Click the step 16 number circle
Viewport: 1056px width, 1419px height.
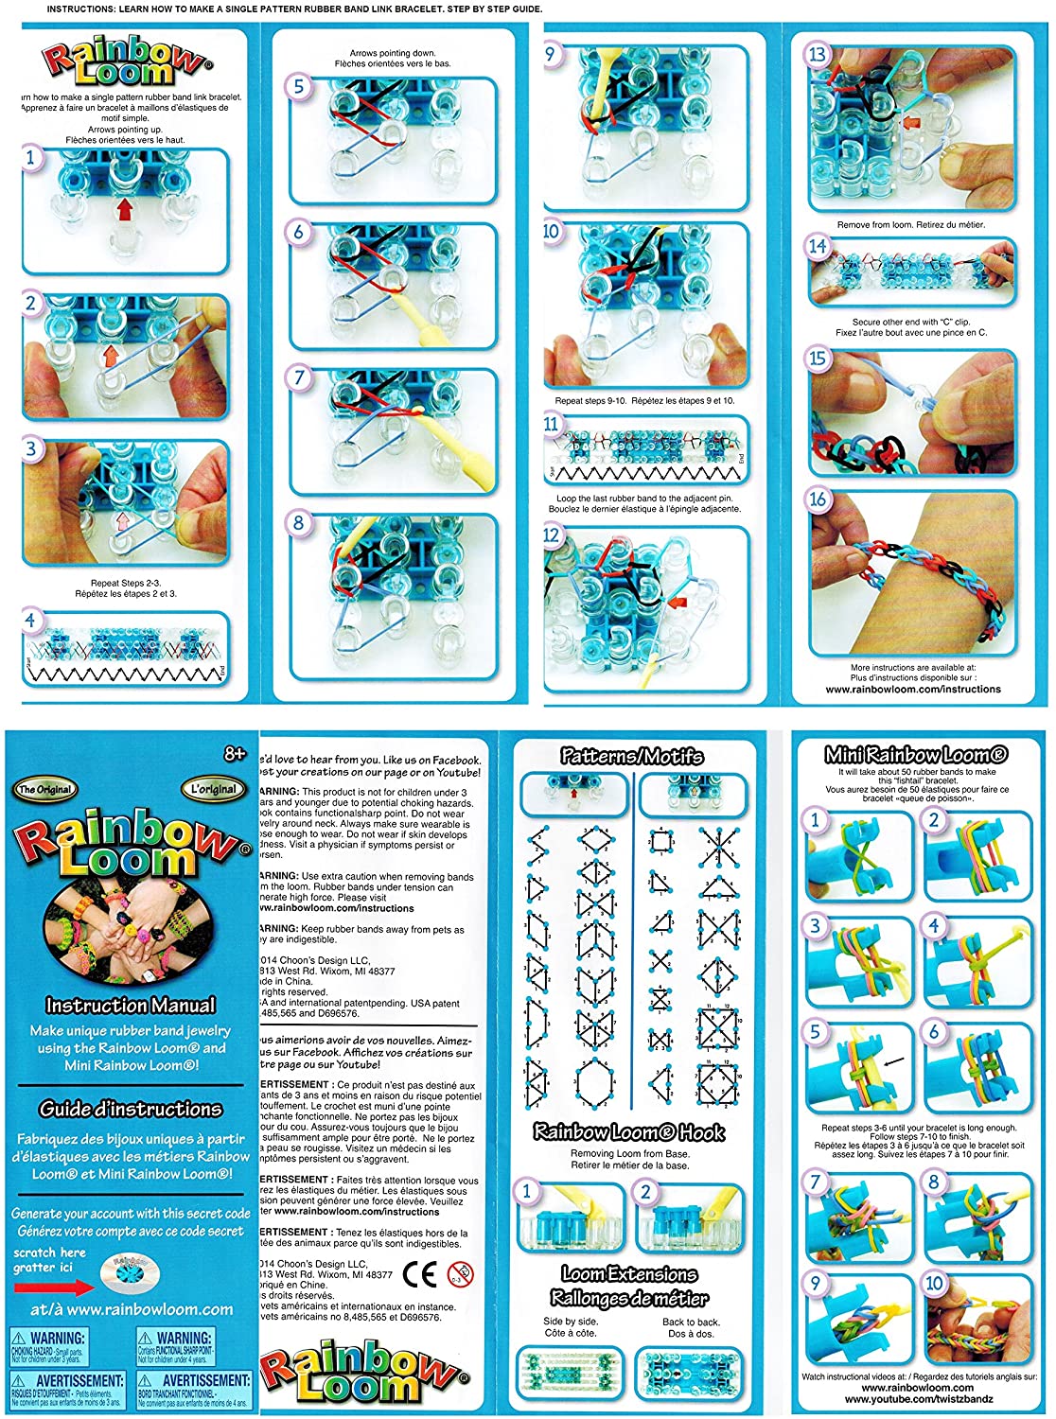tap(818, 499)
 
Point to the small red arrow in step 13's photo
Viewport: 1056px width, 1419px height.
tap(911, 122)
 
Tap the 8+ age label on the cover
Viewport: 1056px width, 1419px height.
tap(235, 754)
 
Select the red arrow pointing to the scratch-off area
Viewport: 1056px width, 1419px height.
tap(53, 1287)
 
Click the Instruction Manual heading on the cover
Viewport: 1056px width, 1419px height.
tap(131, 1006)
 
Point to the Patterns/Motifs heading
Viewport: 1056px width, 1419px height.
tap(631, 756)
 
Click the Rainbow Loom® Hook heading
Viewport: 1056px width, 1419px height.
tap(629, 1131)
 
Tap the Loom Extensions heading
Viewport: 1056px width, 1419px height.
tap(629, 1273)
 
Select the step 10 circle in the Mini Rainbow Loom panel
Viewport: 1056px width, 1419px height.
tap(935, 1284)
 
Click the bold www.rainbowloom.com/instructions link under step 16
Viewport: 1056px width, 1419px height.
tap(913, 689)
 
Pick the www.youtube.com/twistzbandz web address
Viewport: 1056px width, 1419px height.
tap(919, 1398)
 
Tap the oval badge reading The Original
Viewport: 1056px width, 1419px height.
tap(44, 789)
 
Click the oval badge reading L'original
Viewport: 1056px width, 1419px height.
tap(214, 789)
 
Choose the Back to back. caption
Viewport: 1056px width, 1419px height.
tap(691, 1322)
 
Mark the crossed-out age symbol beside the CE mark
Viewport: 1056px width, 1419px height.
tap(461, 1273)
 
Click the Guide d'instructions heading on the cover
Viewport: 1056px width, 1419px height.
tap(131, 1109)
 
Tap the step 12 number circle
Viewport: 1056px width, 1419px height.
tap(552, 535)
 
